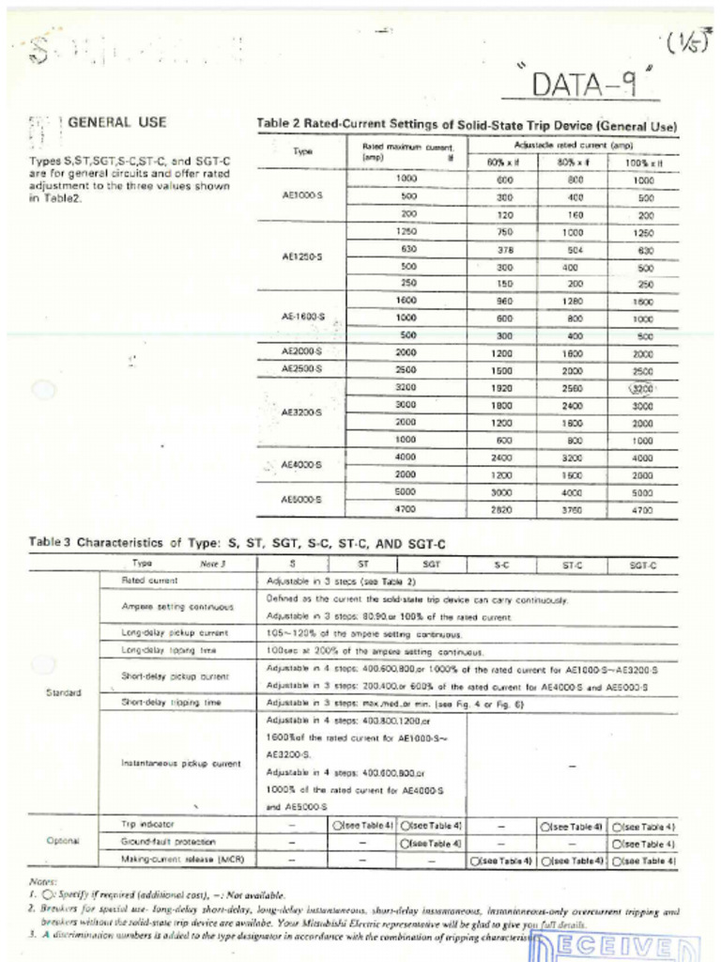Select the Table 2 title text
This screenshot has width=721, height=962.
[x=467, y=126]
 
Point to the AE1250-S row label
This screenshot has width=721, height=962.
[x=302, y=256]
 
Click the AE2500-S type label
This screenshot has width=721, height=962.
[x=302, y=369]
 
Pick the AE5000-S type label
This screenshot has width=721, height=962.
[x=302, y=500]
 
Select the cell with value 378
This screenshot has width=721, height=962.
[x=504, y=249]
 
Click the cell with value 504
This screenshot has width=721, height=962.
[x=573, y=249]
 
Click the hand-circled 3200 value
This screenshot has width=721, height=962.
[x=642, y=386]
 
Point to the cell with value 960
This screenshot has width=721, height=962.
[x=504, y=301]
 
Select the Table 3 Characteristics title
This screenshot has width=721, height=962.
[x=237, y=543]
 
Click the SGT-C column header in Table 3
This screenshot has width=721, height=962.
[x=643, y=565]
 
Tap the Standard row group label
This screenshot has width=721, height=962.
[x=63, y=693]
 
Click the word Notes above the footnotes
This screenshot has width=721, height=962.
[x=44, y=883]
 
